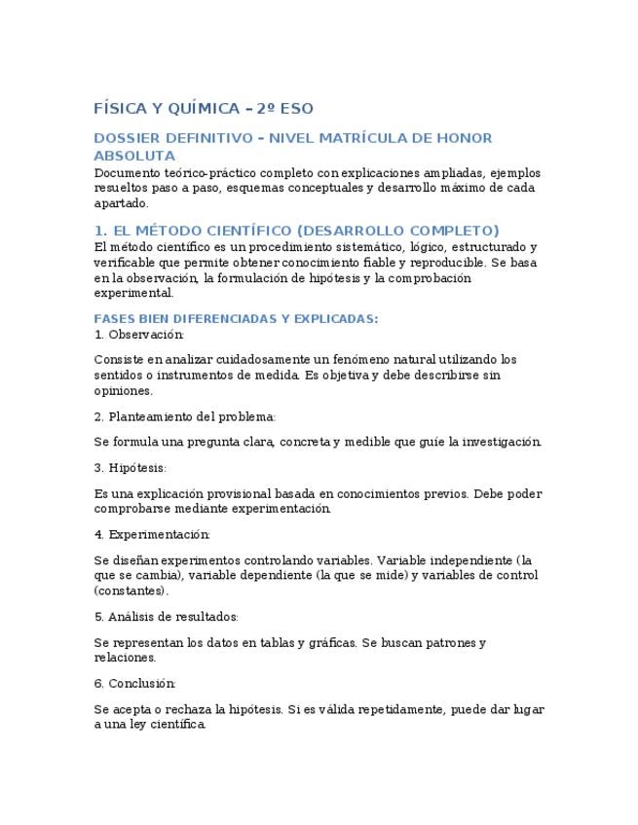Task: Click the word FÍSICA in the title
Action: pyautogui.click(x=118, y=108)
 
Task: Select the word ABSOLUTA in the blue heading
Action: pyautogui.click(x=134, y=156)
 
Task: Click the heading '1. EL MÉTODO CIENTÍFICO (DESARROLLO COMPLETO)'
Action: pyautogui.click(x=296, y=231)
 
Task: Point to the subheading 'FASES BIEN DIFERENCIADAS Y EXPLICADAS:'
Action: pyautogui.click(x=236, y=318)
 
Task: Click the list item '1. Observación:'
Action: pyautogui.click(x=138, y=335)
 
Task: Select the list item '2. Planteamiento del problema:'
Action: pyautogui.click(x=185, y=416)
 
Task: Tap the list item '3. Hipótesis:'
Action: pyautogui.click(x=131, y=468)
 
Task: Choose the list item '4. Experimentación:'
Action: pyautogui.click(x=152, y=534)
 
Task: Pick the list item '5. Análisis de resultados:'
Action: pyautogui.click(x=167, y=617)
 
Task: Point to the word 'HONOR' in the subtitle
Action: pyautogui.click(x=464, y=138)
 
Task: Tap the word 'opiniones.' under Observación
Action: pyautogui.click(x=124, y=391)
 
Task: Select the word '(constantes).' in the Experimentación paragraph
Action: pyautogui.click(x=131, y=591)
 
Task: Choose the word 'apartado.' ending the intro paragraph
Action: pyautogui.click(x=122, y=203)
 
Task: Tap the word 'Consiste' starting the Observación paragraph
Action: pyautogui.click(x=119, y=360)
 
